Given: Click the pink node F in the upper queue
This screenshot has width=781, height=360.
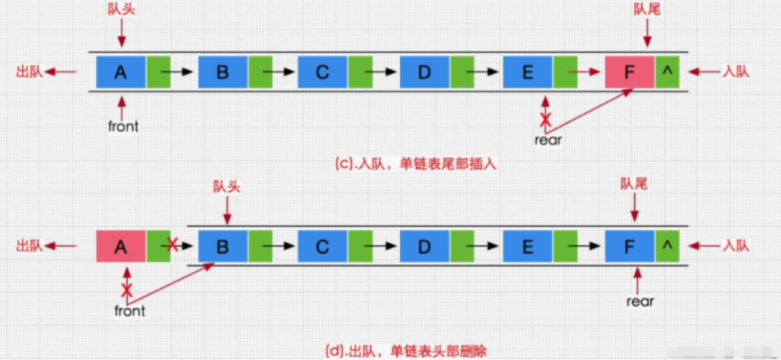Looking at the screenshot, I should [629, 72].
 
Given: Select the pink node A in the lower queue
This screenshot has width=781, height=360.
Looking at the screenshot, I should [120, 246].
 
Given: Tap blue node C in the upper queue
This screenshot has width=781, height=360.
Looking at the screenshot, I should [322, 72].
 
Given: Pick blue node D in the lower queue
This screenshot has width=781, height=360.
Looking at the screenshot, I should [424, 246].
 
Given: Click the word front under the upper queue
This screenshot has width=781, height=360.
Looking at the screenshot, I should [124, 126].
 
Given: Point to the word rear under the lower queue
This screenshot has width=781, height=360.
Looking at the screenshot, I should [640, 301].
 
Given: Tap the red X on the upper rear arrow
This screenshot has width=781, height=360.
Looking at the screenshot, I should [545, 120].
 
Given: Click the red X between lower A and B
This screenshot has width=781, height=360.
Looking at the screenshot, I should [173, 245].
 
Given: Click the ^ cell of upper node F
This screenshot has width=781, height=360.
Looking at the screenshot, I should [667, 72].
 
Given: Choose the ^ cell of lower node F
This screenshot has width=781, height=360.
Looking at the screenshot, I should [667, 246].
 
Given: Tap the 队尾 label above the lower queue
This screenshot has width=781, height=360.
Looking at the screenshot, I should [634, 184].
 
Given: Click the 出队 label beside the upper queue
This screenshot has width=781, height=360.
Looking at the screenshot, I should [30, 72].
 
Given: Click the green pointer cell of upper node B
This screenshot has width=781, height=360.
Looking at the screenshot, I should [260, 72].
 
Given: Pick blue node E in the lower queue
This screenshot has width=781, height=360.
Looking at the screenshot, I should [527, 246].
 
